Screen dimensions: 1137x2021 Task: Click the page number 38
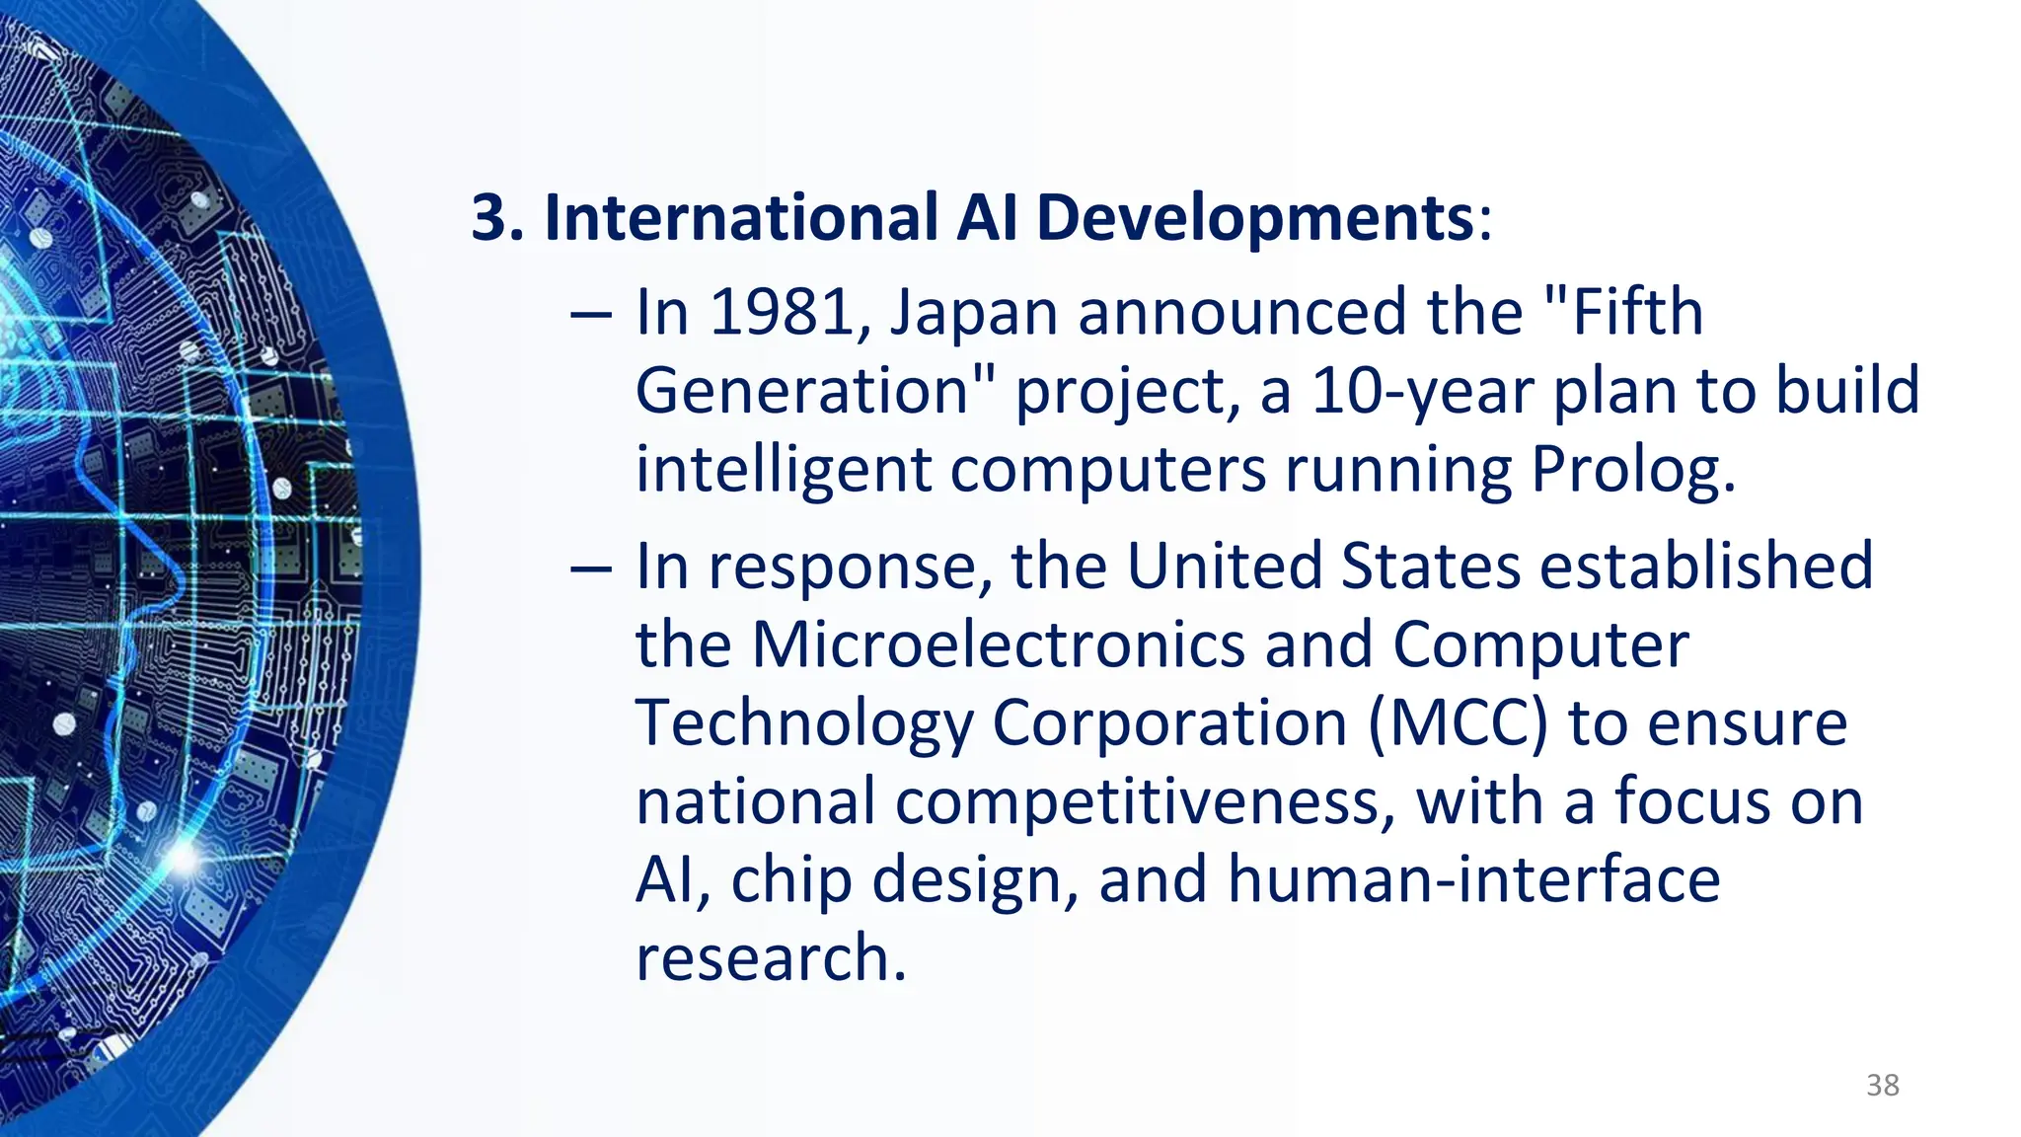click(x=1882, y=1086)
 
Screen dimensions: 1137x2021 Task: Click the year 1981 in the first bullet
click(x=782, y=313)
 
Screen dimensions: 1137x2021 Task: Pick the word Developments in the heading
click(x=1255, y=219)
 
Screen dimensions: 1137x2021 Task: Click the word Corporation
click(x=1169, y=723)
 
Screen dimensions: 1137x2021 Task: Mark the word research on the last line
click(x=770, y=957)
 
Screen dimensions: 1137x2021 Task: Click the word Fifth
click(x=1637, y=313)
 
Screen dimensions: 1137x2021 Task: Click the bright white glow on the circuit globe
click(x=184, y=857)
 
